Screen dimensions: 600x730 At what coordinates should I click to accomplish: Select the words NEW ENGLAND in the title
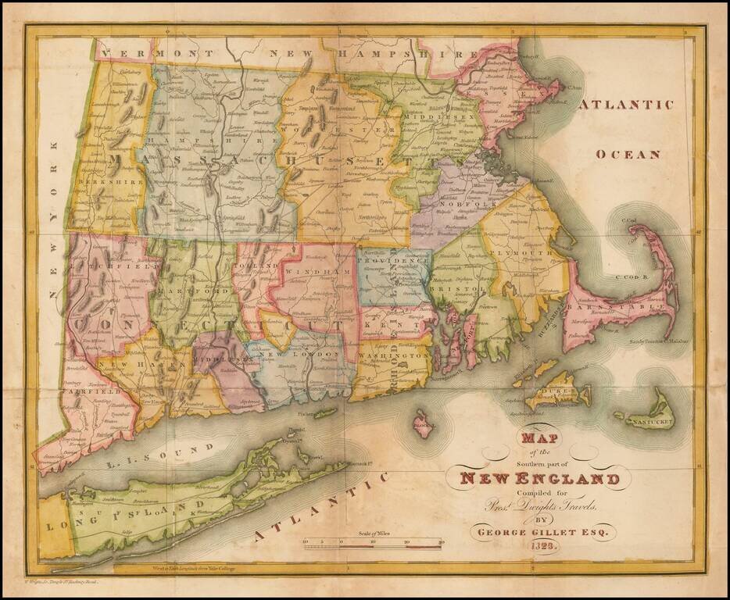(x=540, y=478)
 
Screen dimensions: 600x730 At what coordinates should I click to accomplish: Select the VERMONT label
(x=146, y=53)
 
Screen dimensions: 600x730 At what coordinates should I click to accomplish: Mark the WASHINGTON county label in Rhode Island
(x=395, y=355)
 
